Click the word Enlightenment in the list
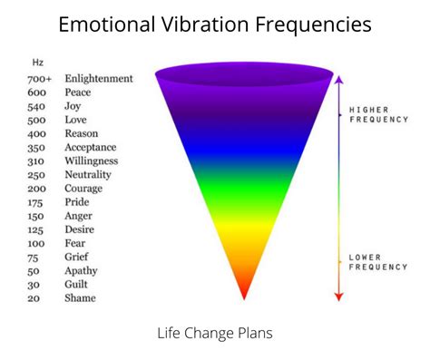point(98,79)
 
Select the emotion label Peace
point(78,92)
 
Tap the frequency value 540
point(35,106)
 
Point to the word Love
point(76,120)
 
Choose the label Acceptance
point(91,147)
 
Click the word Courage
point(83,188)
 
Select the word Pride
point(78,202)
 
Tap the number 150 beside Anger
point(35,216)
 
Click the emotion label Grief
point(77,257)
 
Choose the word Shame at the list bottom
point(79,298)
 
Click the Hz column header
point(37,63)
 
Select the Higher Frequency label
point(378,114)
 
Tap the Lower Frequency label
point(378,263)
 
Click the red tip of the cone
point(243,292)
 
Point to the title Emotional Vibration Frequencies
point(215,24)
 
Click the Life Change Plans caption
point(215,333)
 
